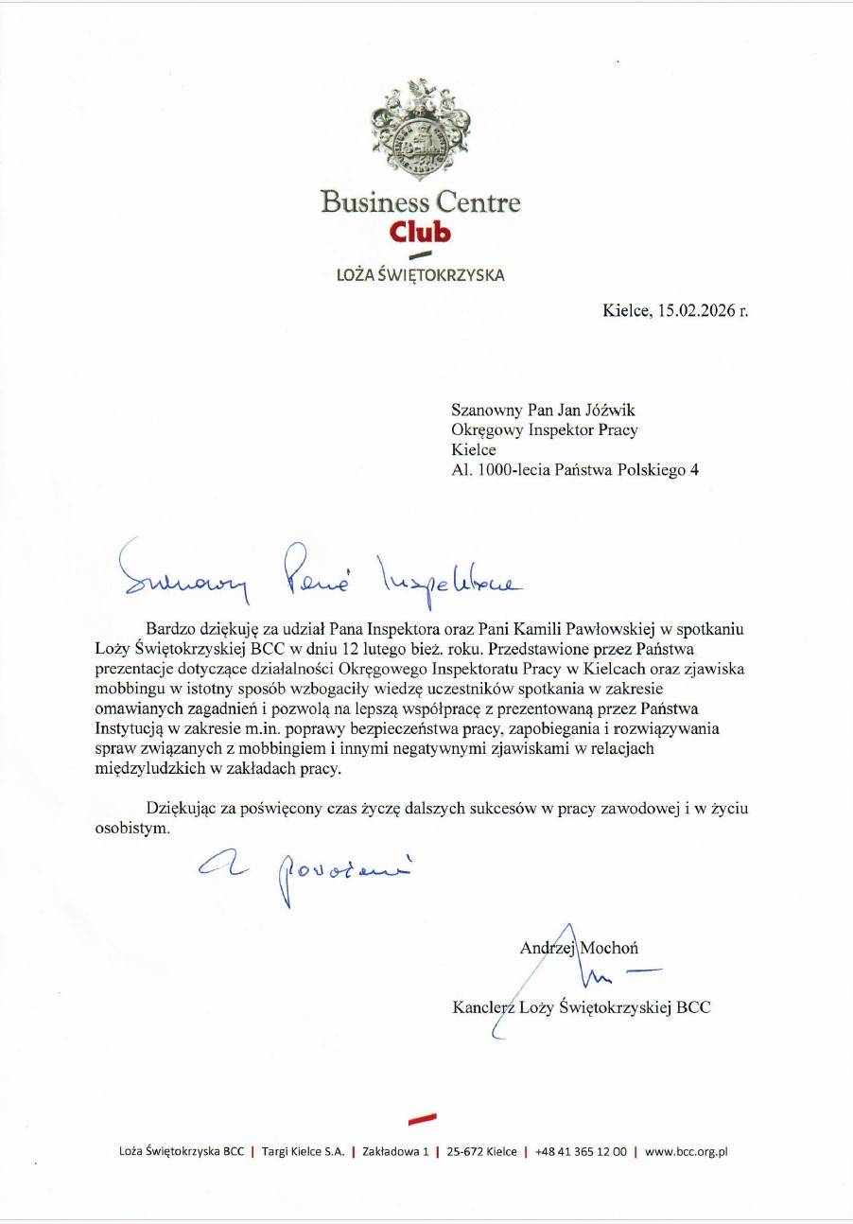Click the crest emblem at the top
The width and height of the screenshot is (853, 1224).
421,129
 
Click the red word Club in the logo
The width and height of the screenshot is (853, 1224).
420,232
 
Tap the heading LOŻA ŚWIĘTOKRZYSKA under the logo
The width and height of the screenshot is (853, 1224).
421,275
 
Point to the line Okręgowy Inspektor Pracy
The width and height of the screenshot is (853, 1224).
545,429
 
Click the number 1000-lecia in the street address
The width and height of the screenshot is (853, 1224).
511,469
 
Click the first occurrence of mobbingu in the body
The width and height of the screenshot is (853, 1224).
180,669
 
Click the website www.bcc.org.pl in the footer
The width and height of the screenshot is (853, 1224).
688,1151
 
